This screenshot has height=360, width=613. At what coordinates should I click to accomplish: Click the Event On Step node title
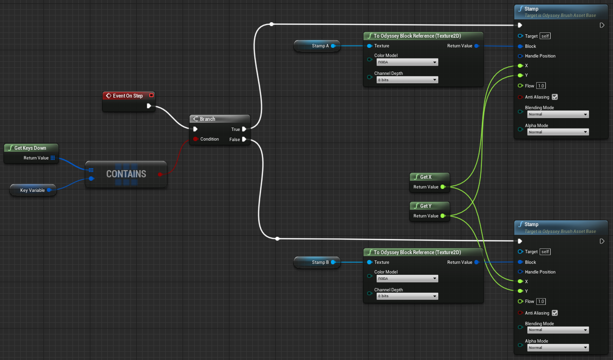click(128, 96)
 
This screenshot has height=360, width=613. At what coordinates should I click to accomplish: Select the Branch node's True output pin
click(244, 129)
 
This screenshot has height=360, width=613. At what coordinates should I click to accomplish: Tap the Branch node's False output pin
click(244, 139)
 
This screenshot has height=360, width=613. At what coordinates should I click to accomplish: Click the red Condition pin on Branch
click(195, 139)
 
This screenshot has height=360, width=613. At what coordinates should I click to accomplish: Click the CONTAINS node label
click(126, 173)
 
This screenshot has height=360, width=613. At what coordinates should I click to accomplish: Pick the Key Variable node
click(32, 190)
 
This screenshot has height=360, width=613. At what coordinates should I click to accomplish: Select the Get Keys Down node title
click(30, 148)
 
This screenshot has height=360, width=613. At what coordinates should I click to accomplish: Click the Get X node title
click(426, 177)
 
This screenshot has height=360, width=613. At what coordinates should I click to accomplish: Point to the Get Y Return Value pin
click(442, 216)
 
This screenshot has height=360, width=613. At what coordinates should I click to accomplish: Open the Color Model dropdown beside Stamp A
click(407, 62)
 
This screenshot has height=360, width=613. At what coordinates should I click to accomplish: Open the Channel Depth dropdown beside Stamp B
click(407, 296)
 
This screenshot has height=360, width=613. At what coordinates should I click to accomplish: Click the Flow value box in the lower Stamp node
click(541, 302)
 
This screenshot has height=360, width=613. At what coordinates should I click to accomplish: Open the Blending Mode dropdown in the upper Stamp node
click(557, 115)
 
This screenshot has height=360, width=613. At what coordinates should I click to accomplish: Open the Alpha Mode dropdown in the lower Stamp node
click(557, 348)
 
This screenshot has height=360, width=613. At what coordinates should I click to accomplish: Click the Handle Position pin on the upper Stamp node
click(520, 56)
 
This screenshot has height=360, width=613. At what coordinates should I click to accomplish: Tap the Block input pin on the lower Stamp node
click(520, 262)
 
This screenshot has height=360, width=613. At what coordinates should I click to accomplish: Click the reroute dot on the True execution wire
click(271, 24)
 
